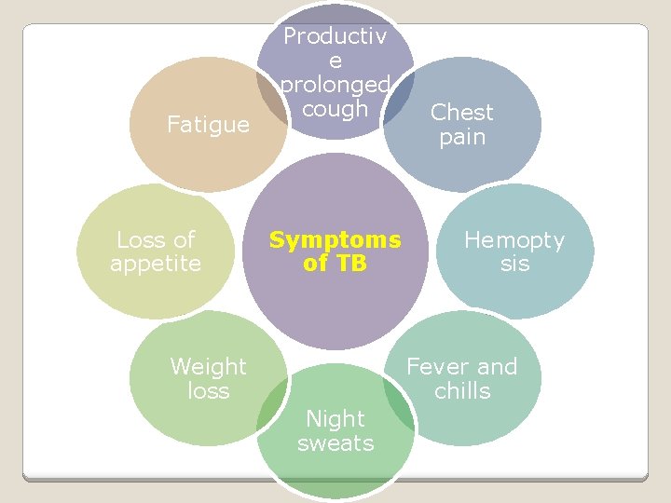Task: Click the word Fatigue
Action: (208, 124)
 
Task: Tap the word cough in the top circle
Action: (335, 109)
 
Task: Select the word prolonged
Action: (335, 85)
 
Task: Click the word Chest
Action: (462, 113)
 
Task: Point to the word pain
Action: (462, 137)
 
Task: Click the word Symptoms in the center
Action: (335, 239)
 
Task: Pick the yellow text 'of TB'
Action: (335, 264)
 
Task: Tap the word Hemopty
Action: (514, 240)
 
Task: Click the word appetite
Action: (156, 264)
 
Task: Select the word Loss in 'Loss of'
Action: (138, 239)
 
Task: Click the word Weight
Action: (208, 367)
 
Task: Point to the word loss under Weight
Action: (208, 391)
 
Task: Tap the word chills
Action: (462, 391)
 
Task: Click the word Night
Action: (335, 419)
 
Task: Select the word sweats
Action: (335, 443)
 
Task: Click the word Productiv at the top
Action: (335, 36)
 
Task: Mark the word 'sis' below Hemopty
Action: (514, 265)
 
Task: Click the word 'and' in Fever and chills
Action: (498, 367)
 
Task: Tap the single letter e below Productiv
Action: (335, 61)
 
